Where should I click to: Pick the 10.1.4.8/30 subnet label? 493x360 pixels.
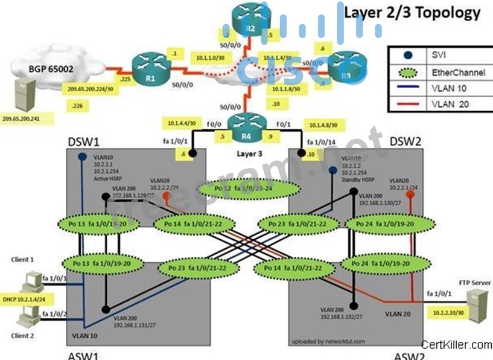coord(323,124)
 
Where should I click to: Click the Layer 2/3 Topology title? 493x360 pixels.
coord(412,13)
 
